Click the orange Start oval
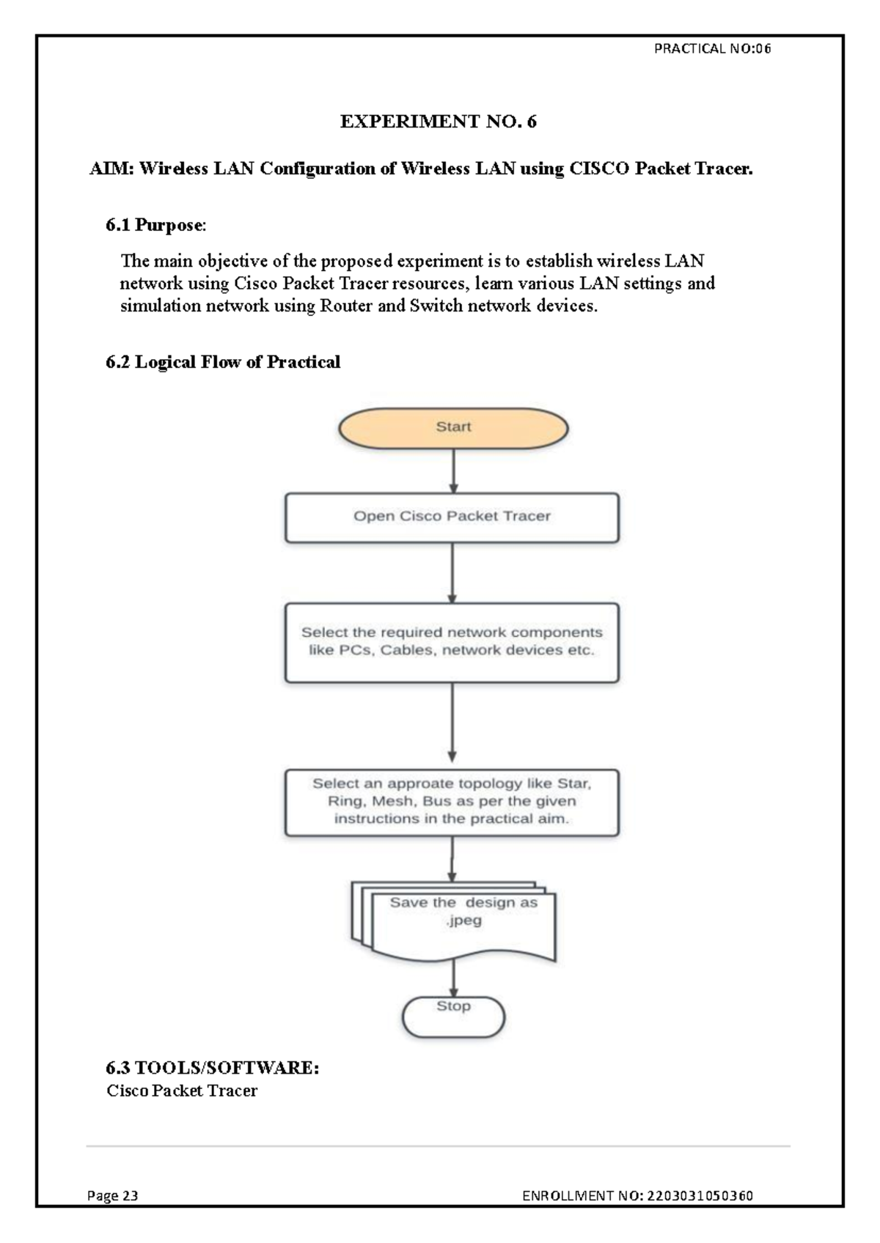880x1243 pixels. coord(452,428)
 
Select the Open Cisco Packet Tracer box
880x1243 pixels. coord(452,517)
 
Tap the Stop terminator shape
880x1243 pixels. coord(453,1017)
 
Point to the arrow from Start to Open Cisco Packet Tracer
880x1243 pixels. coord(453,471)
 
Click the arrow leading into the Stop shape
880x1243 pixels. coord(453,978)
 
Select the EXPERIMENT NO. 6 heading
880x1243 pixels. coord(438,122)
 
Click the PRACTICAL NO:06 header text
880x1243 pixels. coord(711,49)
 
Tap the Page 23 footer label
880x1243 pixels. coord(112,1195)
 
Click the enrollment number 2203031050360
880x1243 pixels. coord(700,1195)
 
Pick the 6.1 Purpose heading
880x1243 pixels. coord(155,225)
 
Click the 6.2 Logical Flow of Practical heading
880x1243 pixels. coord(223,362)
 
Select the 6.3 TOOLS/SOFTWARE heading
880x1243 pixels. coord(213,1068)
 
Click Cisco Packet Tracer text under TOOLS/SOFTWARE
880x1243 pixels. coord(182,1091)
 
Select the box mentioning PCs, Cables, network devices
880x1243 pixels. coord(452,642)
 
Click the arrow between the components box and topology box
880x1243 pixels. coord(452,726)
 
